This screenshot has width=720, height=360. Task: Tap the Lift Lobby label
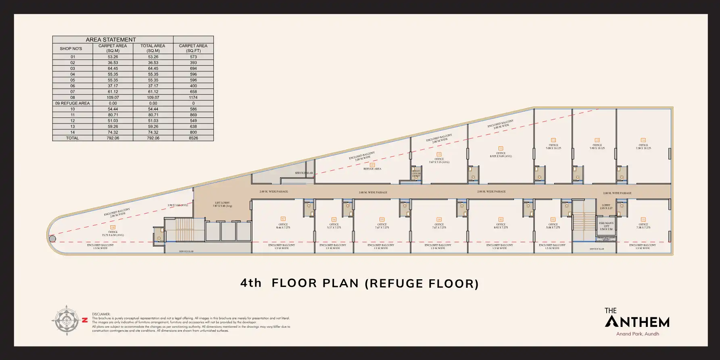tap(222, 204)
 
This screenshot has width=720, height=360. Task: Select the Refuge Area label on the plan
tap(372, 169)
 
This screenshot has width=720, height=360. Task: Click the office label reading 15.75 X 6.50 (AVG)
tap(113, 235)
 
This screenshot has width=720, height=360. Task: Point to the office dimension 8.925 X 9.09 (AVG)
tap(501, 156)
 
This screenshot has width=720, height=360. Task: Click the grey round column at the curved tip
tap(52, 239)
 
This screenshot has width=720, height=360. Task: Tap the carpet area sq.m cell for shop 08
tap(113, 98)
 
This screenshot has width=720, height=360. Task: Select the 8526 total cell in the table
tap(193, 138)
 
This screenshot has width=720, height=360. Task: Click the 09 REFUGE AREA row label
tap(73, 103)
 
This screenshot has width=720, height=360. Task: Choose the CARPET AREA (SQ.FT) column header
tap(193, 48)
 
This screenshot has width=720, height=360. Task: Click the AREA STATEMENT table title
tap(111, 40)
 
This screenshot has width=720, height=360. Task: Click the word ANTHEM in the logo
tap(637, 322)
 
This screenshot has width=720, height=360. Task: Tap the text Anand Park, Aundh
tap(637, 334)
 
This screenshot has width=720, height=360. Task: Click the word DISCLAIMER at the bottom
tap(101, 314)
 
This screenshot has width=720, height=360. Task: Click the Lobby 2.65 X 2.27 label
tap(606, 207)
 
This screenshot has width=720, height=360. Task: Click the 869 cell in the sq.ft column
tap(193, 115)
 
